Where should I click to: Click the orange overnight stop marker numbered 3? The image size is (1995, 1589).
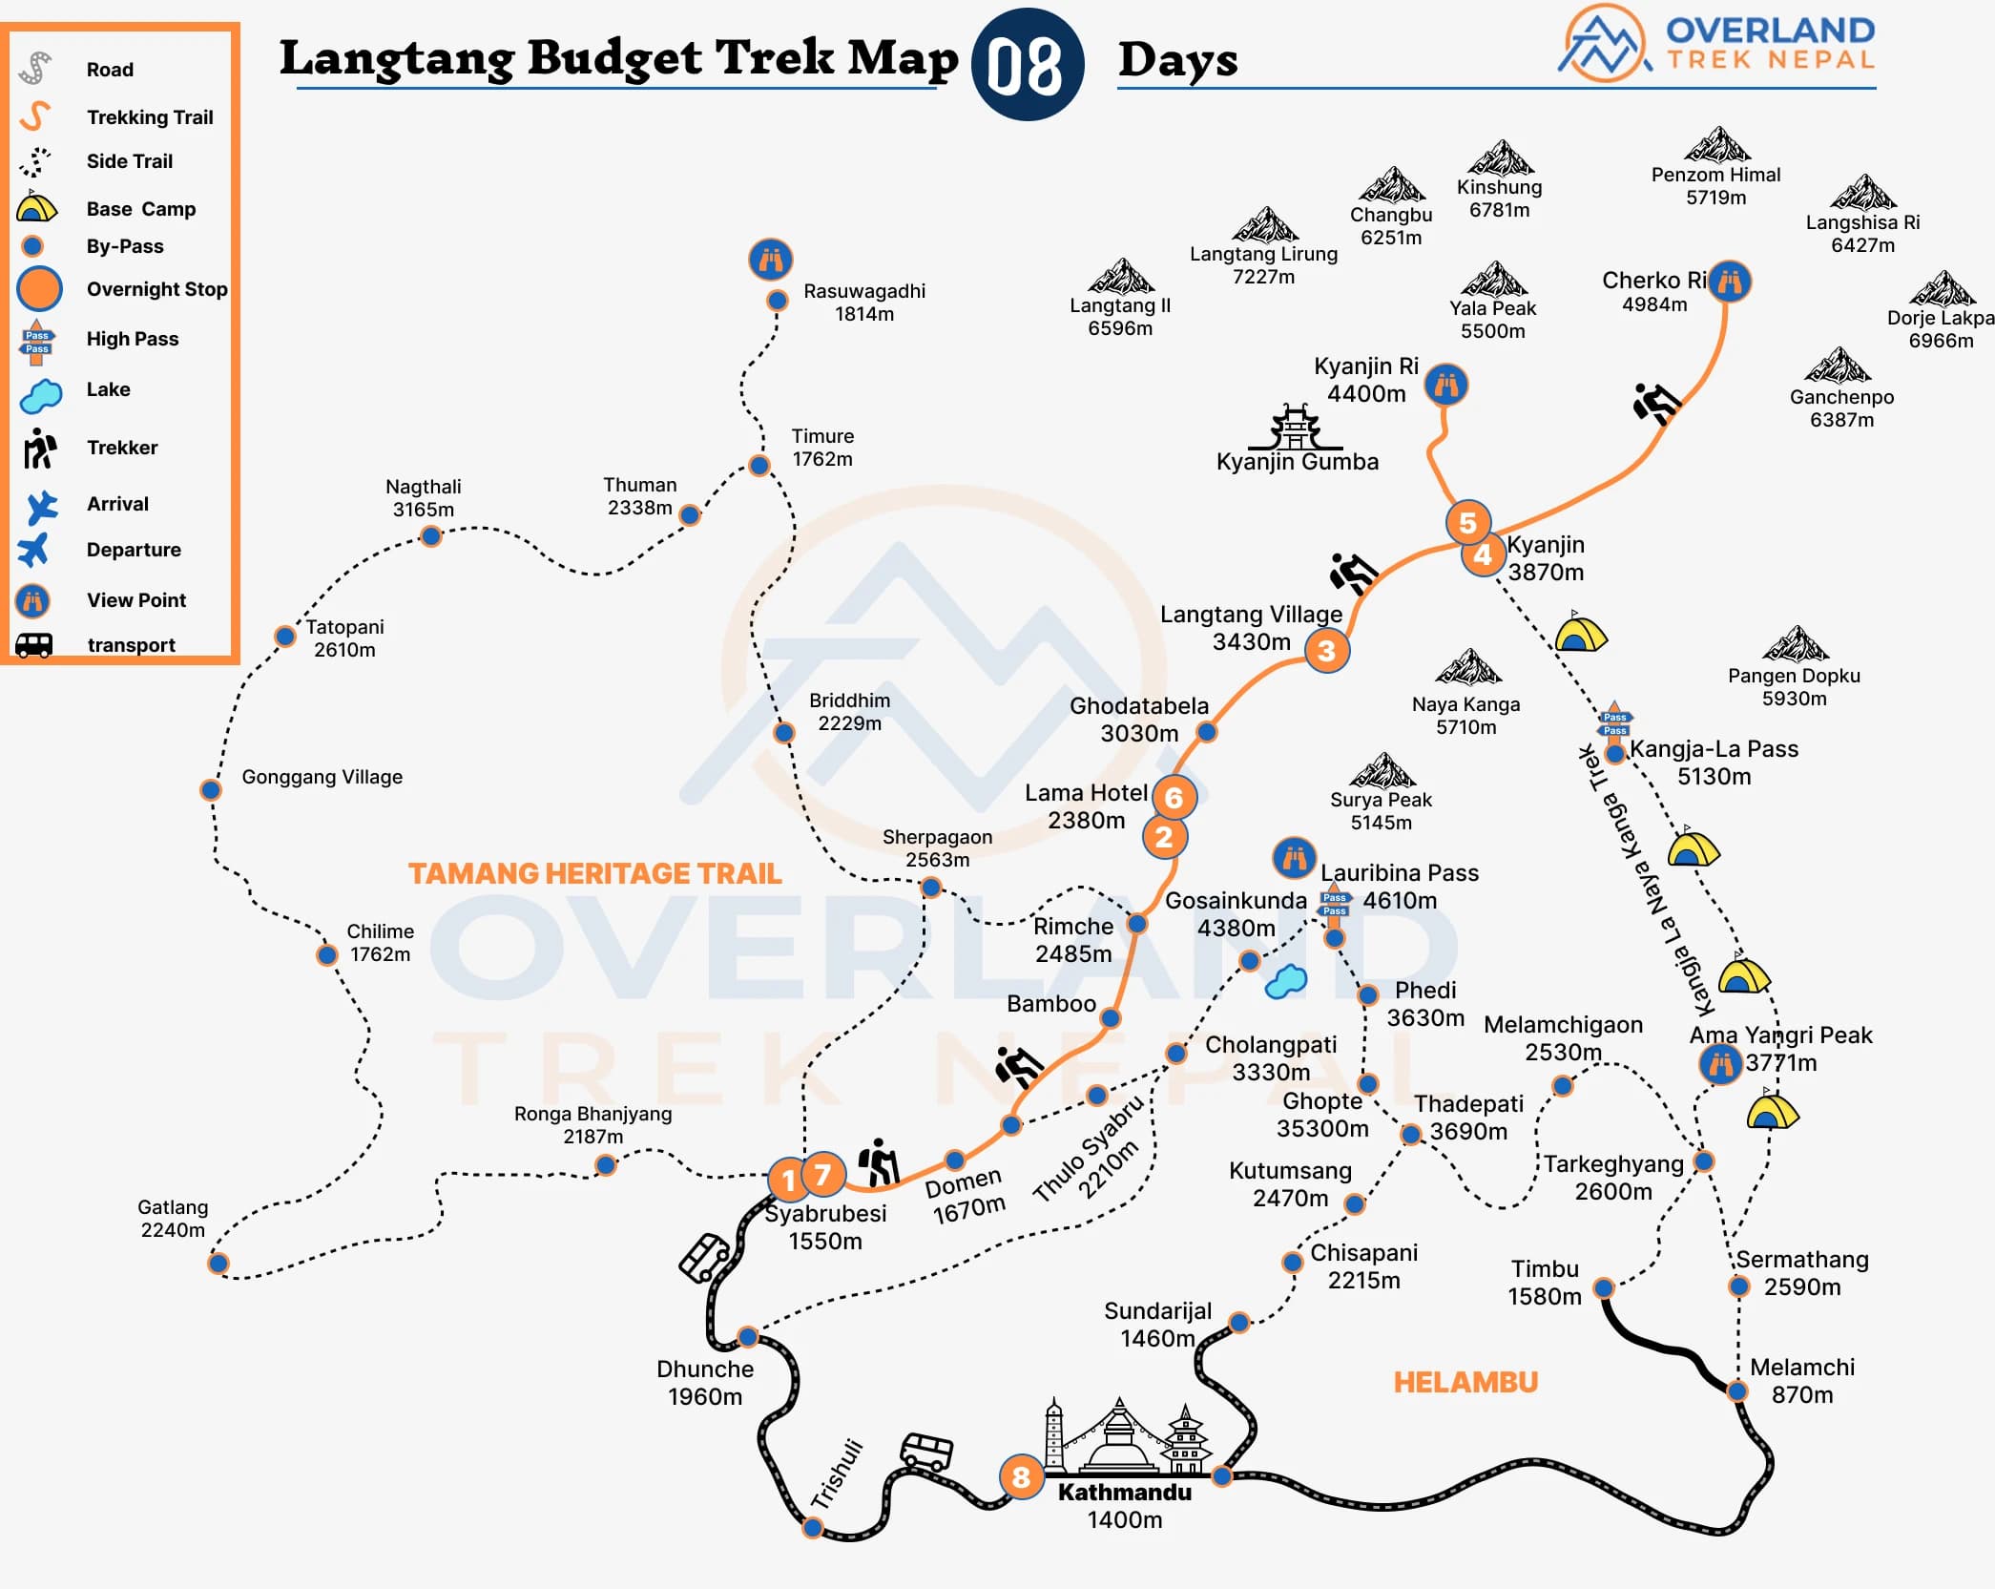1326,651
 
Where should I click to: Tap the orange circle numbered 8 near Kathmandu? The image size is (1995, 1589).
1021,1477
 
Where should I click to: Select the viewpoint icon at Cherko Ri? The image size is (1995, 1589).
1730,282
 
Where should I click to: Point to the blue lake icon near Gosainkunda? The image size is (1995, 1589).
1286,981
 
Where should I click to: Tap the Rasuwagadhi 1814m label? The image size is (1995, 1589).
864,303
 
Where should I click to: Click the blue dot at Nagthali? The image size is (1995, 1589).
431,536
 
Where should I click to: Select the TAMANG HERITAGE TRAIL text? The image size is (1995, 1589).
594,873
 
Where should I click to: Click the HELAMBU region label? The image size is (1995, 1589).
1465,1382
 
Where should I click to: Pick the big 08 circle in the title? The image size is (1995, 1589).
1027,65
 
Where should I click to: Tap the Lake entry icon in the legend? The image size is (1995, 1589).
40,394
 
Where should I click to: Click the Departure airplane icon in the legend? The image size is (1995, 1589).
34,551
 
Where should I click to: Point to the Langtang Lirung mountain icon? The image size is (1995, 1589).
1264,225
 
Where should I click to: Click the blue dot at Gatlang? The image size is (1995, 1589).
218,1264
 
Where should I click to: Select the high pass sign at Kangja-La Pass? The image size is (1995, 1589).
1615,722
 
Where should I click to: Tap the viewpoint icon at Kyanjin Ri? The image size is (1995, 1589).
1446,386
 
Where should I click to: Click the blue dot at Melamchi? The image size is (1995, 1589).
1737,1390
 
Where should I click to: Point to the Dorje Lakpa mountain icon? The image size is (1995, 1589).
1942,288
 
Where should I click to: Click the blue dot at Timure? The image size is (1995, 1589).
759,466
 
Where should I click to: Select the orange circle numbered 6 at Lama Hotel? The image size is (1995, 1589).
1174,798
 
